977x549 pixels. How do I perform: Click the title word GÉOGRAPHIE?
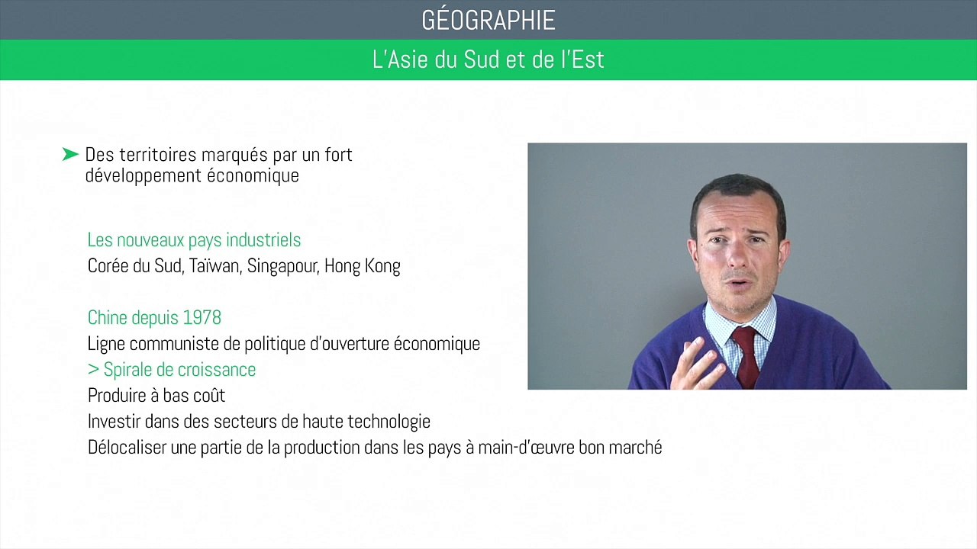point(488,21)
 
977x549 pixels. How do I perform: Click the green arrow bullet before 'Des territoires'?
point(71,155)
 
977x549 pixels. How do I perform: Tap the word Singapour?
point(282,266)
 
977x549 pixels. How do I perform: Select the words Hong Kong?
point(362,266)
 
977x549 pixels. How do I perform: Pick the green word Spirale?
point(131,370)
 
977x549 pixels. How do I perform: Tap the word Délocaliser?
point(127,448)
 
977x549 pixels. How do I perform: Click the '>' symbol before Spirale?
point(93,370)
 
